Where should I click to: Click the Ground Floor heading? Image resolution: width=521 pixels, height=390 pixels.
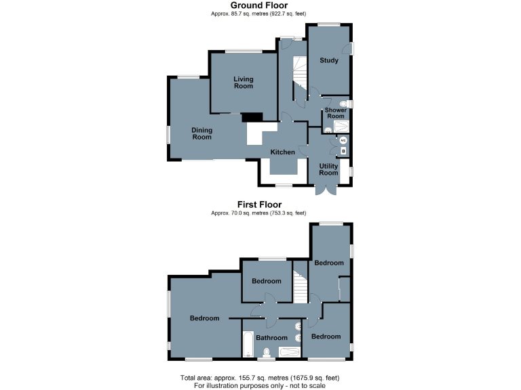tap(259, 5)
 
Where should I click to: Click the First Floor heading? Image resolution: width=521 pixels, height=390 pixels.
tap(259, 204)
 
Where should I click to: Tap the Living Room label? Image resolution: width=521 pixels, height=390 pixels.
tap(244, 83)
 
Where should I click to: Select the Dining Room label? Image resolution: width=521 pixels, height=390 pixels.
tap(201, 133)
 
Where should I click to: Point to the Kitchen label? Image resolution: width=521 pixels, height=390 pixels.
tap(283, 152)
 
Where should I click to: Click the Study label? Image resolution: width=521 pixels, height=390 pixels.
tap(329, 61)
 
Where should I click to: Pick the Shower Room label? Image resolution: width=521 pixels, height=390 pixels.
tap(336, 113)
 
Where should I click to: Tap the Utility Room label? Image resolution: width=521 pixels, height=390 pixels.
tap(329, 169)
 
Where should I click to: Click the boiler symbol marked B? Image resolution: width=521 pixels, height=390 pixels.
tap(343, 151)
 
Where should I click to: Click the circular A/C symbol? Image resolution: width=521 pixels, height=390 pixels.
tap(343, 141)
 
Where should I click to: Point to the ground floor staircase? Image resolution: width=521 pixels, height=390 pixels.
tap(299, 74)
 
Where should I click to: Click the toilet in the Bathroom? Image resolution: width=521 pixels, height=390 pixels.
tap(267, 351)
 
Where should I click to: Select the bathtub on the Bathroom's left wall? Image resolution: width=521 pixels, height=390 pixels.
tap(248, 344)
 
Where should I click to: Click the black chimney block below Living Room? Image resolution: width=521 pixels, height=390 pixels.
tap(252, 116)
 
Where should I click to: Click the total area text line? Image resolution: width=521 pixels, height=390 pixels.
tap(260, 377)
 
